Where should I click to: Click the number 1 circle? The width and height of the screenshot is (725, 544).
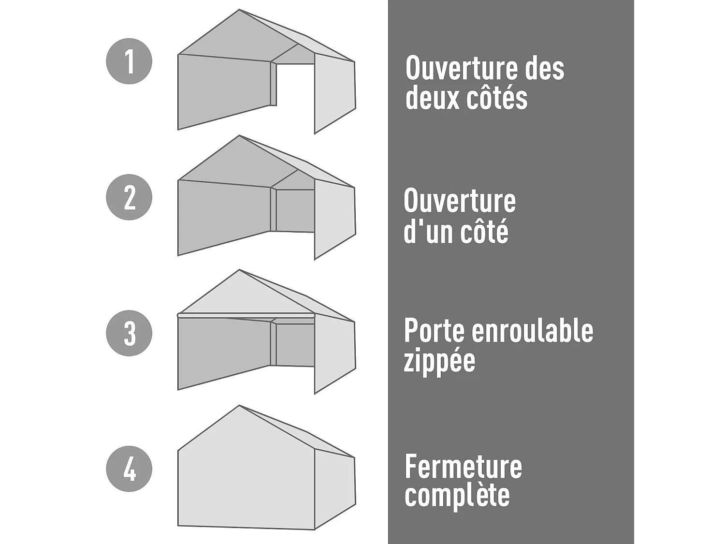[x=129, y=61]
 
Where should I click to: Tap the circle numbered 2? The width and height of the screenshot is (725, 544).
[x=129, y=197]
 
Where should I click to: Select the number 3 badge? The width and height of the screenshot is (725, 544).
[x=129, y=333]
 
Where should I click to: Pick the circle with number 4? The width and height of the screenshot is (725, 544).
[x=129, y=469]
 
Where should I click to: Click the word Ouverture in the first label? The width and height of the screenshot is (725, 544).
[x=462, y=68]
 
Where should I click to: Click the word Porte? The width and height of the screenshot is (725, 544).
[x=434, y=331]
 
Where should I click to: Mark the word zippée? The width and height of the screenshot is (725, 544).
[x=439, y=361]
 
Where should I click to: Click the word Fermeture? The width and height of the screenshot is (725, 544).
[x=463, y=467]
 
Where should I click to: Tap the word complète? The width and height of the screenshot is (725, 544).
[x=457, y=496]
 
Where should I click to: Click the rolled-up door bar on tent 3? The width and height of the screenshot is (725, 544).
[x=246, y=315]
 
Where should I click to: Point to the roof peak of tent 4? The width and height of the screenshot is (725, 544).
[x=240, y=407]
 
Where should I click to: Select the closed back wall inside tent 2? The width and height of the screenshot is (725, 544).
[x=295, y=210]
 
